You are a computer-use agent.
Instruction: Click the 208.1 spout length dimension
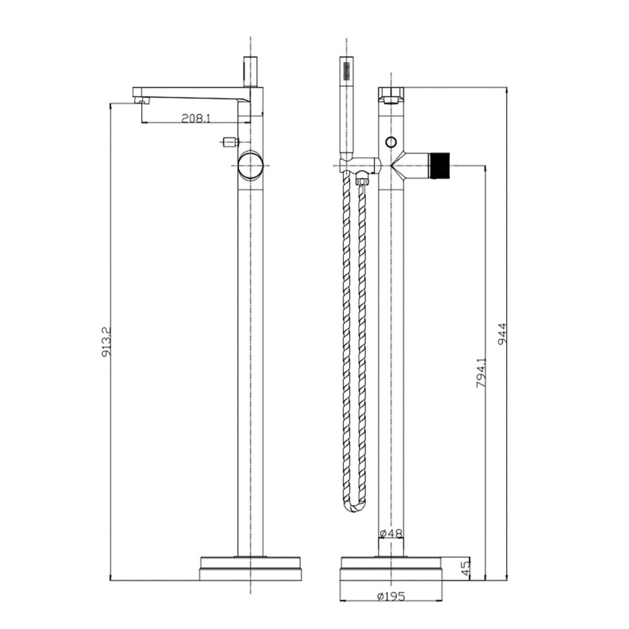196,118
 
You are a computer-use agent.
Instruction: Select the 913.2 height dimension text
106,342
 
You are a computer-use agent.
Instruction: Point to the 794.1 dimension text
481,372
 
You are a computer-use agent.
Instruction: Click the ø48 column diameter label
391,533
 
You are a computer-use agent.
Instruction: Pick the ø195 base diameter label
391,597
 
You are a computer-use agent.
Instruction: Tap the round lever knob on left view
251,165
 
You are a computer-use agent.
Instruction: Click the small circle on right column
391,142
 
